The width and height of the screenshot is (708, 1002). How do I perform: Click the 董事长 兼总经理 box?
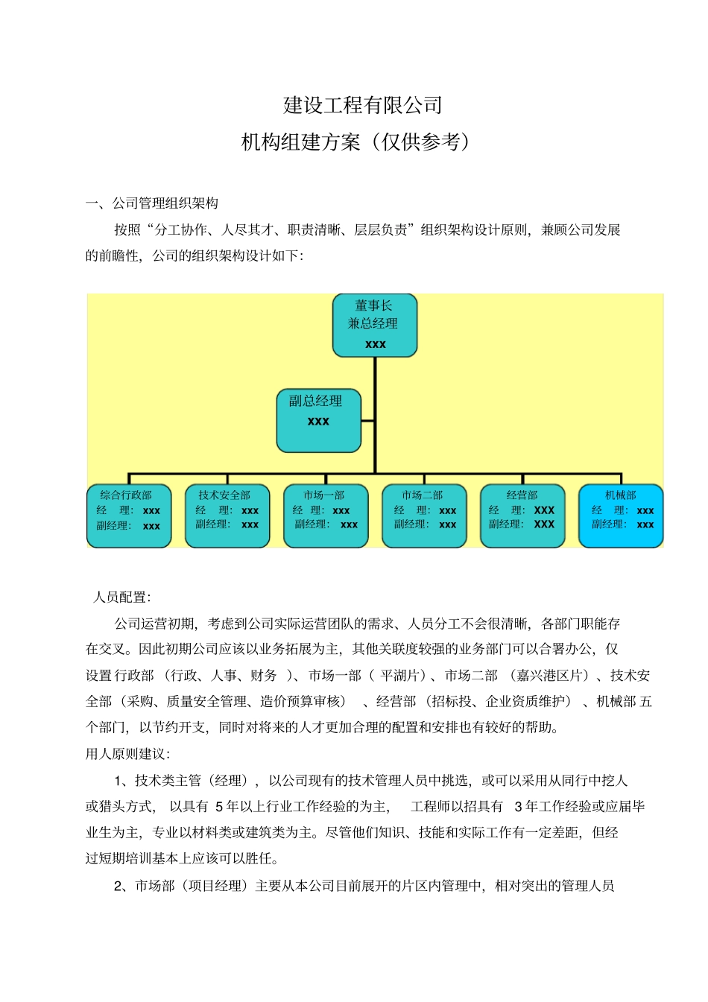point(374,325)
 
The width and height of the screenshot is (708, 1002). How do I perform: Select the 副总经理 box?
point(318,420)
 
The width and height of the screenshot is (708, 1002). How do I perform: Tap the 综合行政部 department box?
point(129,516)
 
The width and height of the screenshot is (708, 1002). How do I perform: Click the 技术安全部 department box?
point(227,516)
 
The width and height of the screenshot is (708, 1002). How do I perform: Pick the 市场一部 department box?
point(326,516)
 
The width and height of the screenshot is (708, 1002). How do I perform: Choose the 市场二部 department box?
point(424,516)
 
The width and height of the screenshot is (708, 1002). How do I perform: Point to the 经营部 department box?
point(522,516)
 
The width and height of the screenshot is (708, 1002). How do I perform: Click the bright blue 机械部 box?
point(621,516)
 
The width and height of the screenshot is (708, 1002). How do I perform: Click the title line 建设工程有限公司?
point(363,105)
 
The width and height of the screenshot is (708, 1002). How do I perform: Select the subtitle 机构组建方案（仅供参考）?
point(356,142)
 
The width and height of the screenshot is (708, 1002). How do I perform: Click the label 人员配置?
point(121,597)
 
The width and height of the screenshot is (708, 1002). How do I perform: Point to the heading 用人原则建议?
point(127,754)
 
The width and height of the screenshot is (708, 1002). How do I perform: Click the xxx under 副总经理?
point(318,422)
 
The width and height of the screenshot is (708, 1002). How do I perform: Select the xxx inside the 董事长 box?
point(375,344)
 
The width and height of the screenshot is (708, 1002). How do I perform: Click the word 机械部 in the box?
point(620,495)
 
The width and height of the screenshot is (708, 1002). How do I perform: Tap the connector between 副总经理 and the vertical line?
point(367,421)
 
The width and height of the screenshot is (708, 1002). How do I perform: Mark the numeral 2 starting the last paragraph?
point(118,886)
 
